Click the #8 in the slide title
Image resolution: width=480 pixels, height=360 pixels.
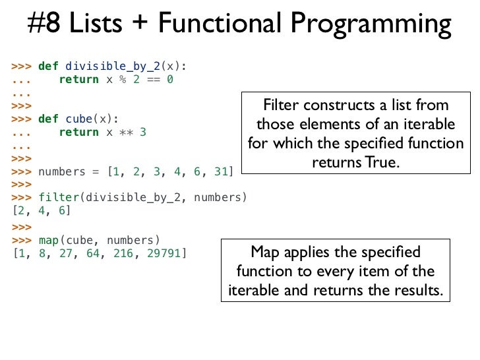(45, 24)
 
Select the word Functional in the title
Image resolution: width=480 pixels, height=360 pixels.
(215, 24)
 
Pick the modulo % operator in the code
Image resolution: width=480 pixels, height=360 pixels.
(121, 79)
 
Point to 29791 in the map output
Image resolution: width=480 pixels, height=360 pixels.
(165, 253)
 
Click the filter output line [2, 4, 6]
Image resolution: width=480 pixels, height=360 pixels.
(41, 211)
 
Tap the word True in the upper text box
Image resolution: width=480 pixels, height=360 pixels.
(384, 162)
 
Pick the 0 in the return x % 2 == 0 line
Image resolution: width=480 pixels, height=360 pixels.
(169, 79)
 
